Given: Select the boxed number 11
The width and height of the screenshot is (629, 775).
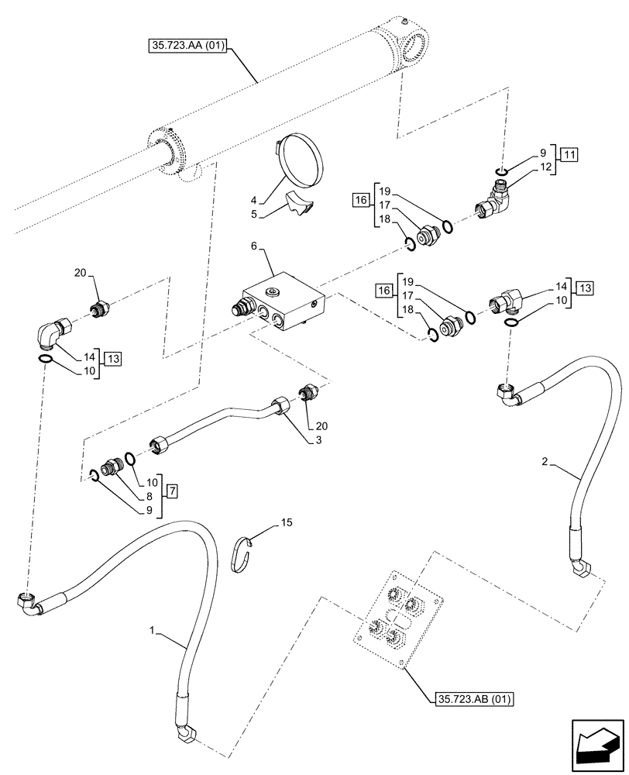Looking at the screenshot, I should pyautogui.click(x=569, y=153).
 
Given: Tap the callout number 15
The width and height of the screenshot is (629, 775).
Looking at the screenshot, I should pyautogui.click(x=287, y=525).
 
